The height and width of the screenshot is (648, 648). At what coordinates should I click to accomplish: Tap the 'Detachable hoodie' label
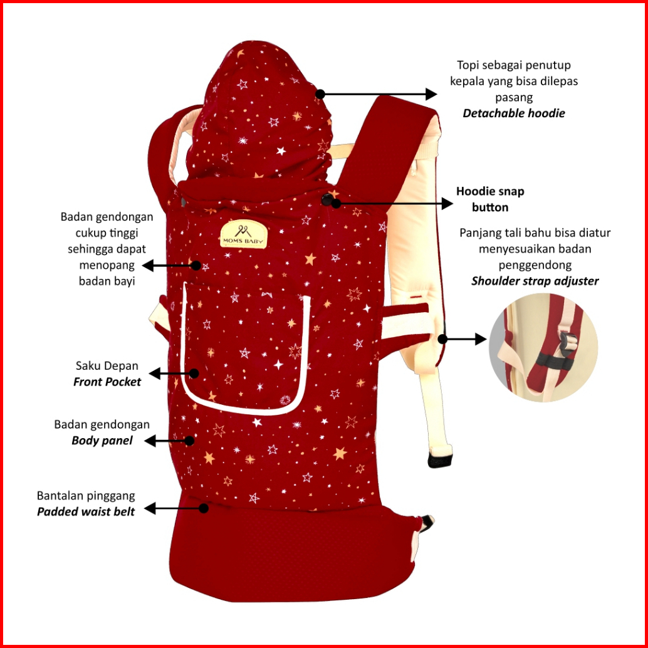[x=514, y=113]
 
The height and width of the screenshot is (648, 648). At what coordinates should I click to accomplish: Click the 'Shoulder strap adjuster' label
[x=535, y=281]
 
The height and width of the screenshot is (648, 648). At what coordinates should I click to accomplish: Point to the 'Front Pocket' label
[x=107, y=381]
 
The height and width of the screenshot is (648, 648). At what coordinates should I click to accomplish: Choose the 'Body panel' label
[x=102, y=440]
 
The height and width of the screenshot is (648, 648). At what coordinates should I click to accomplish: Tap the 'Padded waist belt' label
[x=86, y=511]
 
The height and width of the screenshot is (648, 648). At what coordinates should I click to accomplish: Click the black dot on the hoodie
[x=320, y=94]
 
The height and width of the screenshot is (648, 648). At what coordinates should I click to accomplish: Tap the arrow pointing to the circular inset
[x=465, y=339]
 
